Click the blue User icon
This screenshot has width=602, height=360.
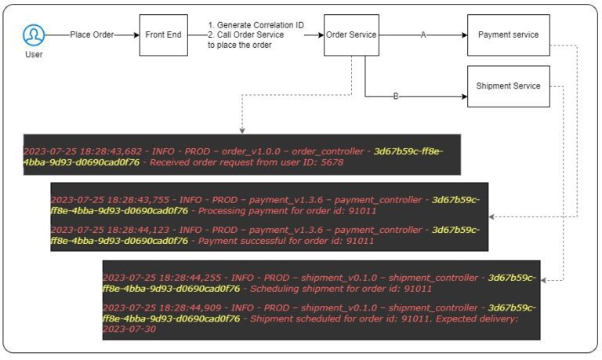point(33,35)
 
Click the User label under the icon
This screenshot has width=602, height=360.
point(33,54)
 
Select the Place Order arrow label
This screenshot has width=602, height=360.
point(91,35)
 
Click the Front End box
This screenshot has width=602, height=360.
point(163,35)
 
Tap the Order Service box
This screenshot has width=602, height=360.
point(351,35)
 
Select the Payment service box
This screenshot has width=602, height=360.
point(508,35)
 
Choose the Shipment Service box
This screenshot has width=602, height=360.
point(508,85)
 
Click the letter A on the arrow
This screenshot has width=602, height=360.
point(423,35)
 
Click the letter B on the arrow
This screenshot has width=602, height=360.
point(396,96)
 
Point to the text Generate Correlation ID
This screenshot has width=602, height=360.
point(259,25)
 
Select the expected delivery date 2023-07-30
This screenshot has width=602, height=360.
point(129,329)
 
